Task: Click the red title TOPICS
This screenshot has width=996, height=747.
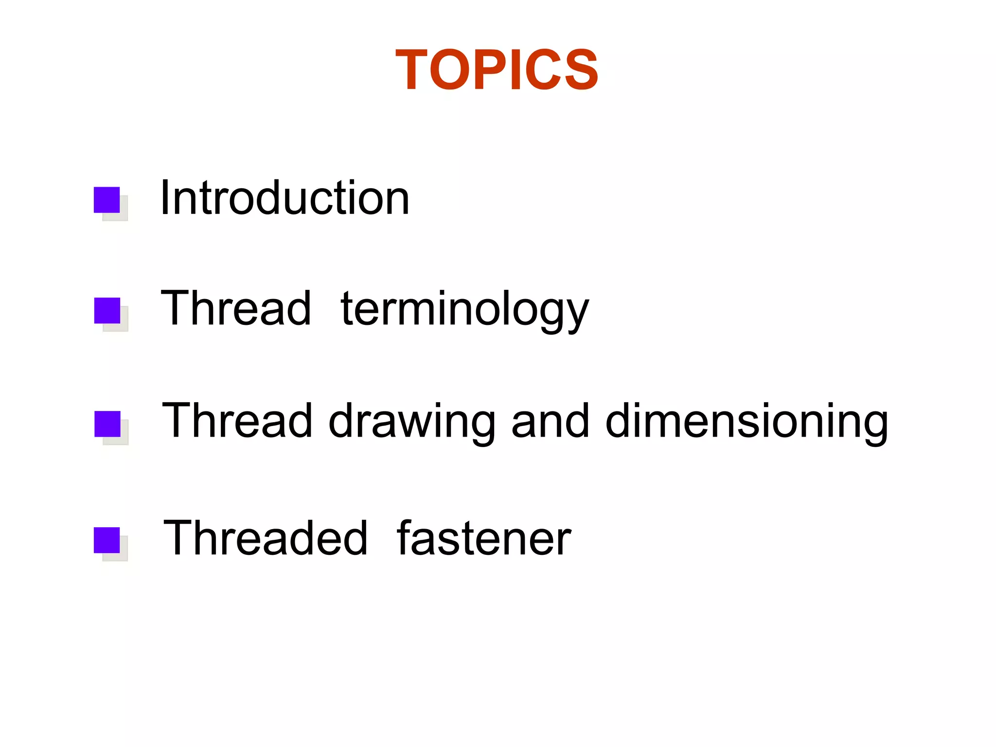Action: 497,70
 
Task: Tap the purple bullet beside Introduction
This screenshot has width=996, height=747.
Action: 107,200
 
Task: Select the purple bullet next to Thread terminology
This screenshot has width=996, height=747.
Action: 107,310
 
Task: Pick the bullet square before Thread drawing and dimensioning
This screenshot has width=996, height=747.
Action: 107,424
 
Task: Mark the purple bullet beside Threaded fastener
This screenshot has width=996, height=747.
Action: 107,540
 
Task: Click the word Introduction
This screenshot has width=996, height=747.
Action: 285,198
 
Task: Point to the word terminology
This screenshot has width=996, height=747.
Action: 464,309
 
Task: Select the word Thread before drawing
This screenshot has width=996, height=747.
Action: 237,420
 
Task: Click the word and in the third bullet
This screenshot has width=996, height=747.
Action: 551,420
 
